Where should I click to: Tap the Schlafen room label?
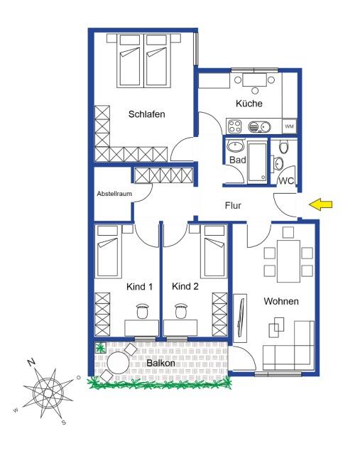tap(147, 114)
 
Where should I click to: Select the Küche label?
tap(249, 104)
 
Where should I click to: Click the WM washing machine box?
tap(289, 126)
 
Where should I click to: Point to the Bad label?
tap(236, 160)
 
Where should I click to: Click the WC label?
tap(286, 181)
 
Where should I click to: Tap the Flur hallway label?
tap(233, 207)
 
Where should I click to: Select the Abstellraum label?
tap(114, 194)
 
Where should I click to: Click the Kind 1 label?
tap(139, 287)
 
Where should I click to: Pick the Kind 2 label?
tap(185, 287)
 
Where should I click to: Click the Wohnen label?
tap(281, 302)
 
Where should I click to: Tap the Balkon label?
tap(161, 364)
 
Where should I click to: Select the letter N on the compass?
tap(31, 362)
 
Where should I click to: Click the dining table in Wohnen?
tap(288, 260)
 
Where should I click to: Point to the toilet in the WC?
tap(284, 148)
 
